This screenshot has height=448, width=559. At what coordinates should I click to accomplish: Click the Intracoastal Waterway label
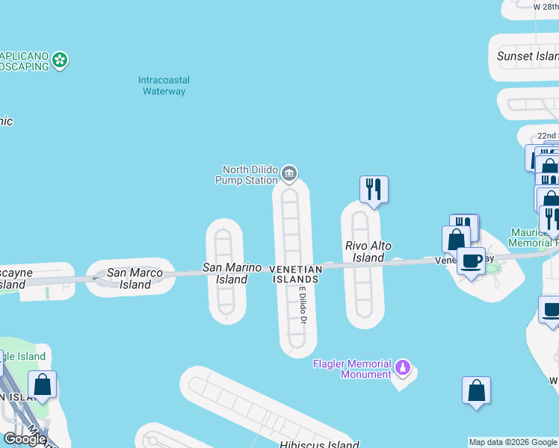click(164, 85)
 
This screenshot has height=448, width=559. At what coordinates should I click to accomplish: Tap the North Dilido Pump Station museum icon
click(289, 175)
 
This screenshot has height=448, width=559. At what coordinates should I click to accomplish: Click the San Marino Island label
click(232, 273)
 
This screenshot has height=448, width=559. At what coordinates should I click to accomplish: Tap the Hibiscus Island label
click(320, 445)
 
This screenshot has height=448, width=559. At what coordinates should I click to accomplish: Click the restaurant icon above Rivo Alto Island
click(374, 189)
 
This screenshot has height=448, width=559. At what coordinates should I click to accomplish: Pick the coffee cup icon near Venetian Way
click(471, 262)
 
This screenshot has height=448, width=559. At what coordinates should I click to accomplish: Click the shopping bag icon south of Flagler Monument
click(476, 391)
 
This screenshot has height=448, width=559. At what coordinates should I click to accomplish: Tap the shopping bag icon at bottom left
click(43, 385)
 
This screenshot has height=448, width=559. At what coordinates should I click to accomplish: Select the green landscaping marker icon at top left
click(60, 60)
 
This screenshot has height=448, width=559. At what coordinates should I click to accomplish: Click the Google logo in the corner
click(25, 438)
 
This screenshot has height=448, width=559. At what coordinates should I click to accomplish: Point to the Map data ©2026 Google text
click(513, 442)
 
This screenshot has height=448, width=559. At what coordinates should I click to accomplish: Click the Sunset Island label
click(528, 56)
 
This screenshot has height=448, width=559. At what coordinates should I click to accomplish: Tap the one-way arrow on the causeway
click(96, 279)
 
